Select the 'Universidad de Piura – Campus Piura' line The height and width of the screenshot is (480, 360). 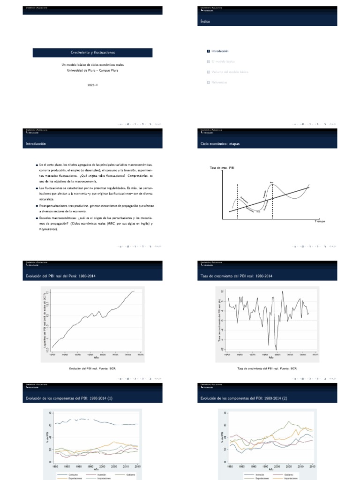pyautogui.click(x=90, y=70)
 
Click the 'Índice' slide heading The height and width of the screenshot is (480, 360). pyautogui.click(x=205, y=22)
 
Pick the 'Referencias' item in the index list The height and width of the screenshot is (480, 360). pyautogui.click(x=220, y=82)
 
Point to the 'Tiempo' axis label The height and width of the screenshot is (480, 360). pyautogui.click(x=319, y=221)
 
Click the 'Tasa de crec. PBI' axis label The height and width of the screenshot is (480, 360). pyautogui.click(x=222, y=167)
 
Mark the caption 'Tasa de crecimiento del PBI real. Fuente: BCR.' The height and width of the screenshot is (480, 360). pyautogui.click(x=268, y=368)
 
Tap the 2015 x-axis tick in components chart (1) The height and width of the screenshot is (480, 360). pyautogui.click(x=137, y=467)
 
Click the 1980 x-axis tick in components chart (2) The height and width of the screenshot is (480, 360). pyautogui.click(x=230, y=467)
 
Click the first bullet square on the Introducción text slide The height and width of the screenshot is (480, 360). pyautogui.click(x=37, y=165)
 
